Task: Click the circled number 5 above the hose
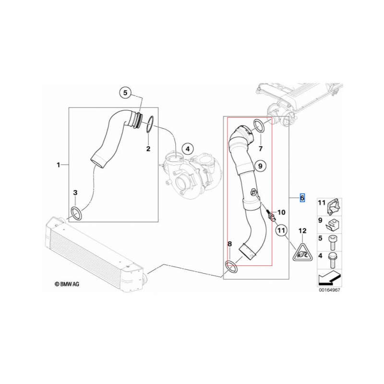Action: coord(125,93)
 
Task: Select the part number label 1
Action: coord(59,165)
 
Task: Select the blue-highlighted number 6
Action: coord(302,198)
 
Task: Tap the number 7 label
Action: coord(261,148)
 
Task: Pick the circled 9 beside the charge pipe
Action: coord(259,166)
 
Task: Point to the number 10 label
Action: coord(281,212)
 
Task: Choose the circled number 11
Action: coord(281,231)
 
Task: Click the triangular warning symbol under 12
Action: coord(302,252)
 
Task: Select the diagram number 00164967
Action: coord(329,290)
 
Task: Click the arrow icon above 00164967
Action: coord(329,277)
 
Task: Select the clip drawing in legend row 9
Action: coord(332,221)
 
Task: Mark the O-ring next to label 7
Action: coord(258,127)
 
